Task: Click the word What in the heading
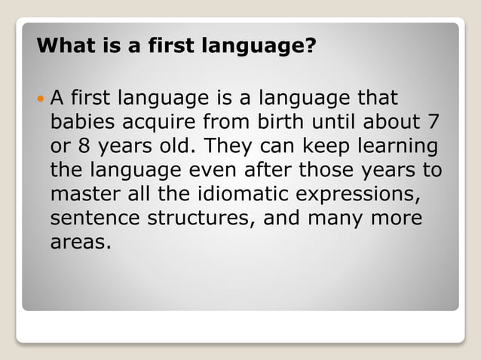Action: coord(63,47)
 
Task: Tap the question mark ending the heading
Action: coord(310,47)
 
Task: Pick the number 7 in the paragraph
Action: coord(436,123)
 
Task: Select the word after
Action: coord(297,171)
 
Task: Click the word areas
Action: coord(78,244)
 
